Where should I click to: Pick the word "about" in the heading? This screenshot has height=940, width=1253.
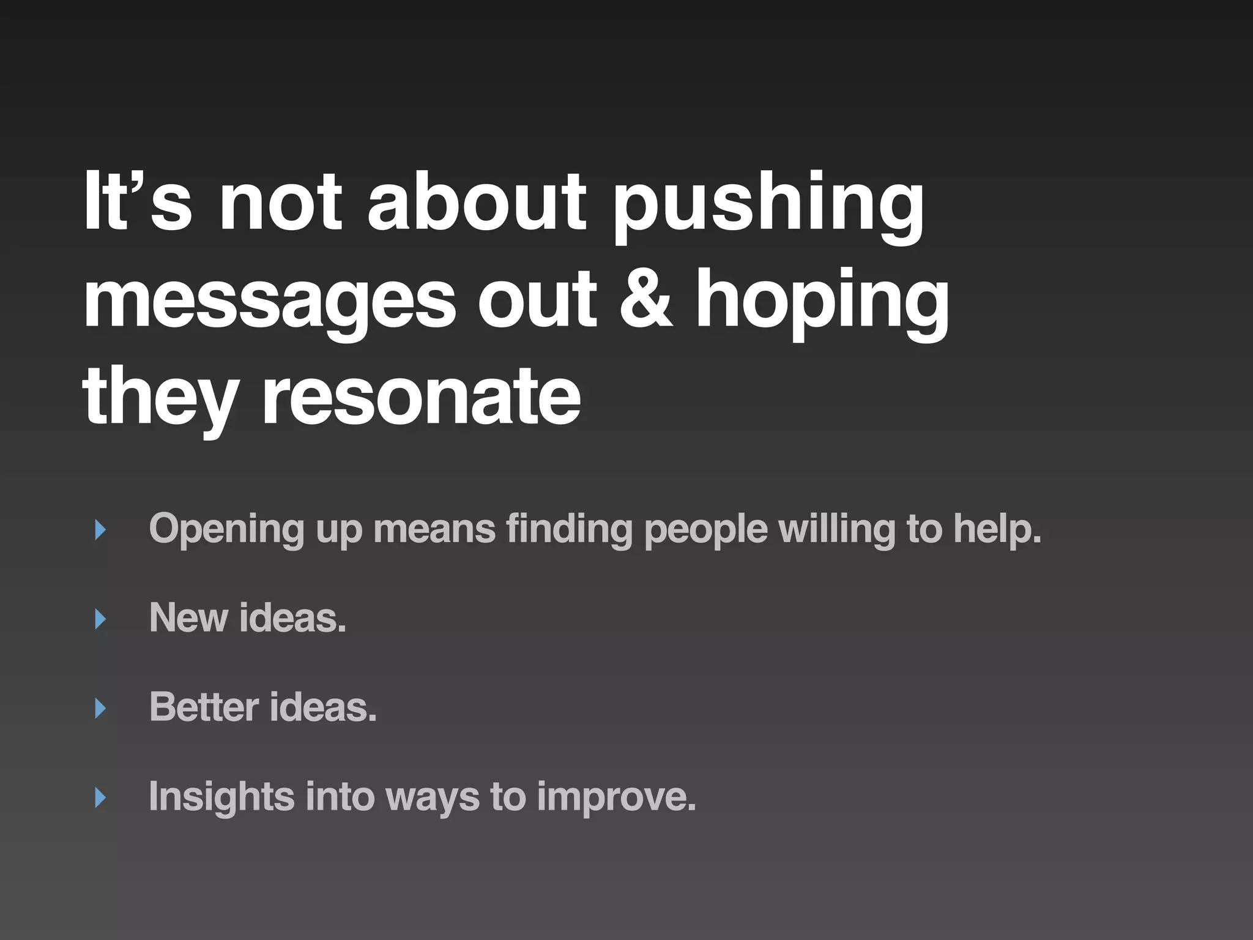(477, 202)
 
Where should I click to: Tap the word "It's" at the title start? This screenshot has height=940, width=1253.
(138, 202)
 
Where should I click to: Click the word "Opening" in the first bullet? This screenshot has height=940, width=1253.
(226, 530)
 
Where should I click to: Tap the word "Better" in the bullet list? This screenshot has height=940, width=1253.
(204, 707)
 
